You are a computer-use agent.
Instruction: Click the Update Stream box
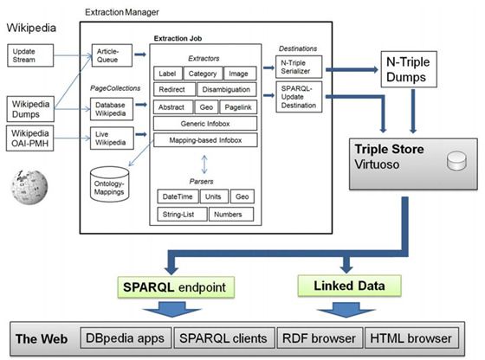[30, 55]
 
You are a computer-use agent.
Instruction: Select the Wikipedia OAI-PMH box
[30, 138]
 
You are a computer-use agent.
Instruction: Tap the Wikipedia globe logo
[29, 187]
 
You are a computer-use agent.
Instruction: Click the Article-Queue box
[112, 55]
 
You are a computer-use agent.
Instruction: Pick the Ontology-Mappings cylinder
[109, 184]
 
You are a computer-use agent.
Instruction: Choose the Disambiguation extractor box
[227, 90]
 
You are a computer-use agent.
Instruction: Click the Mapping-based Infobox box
[205, 140]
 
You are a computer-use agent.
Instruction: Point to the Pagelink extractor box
[238, 107]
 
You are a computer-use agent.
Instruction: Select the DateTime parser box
[178, 196]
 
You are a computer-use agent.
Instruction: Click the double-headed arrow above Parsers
[204, 164]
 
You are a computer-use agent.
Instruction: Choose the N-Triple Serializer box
[299, 67]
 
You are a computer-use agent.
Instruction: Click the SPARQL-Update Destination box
[299, 97]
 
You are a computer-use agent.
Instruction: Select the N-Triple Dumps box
[409, 69]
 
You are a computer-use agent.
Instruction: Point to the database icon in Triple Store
[456, 161]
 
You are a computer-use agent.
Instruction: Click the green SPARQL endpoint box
[176, 287]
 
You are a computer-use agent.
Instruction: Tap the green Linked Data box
[350, 286]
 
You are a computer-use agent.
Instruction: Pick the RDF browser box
[320, 338]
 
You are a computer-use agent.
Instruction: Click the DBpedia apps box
[126, 338]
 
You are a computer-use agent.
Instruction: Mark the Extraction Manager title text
[122, 12]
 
